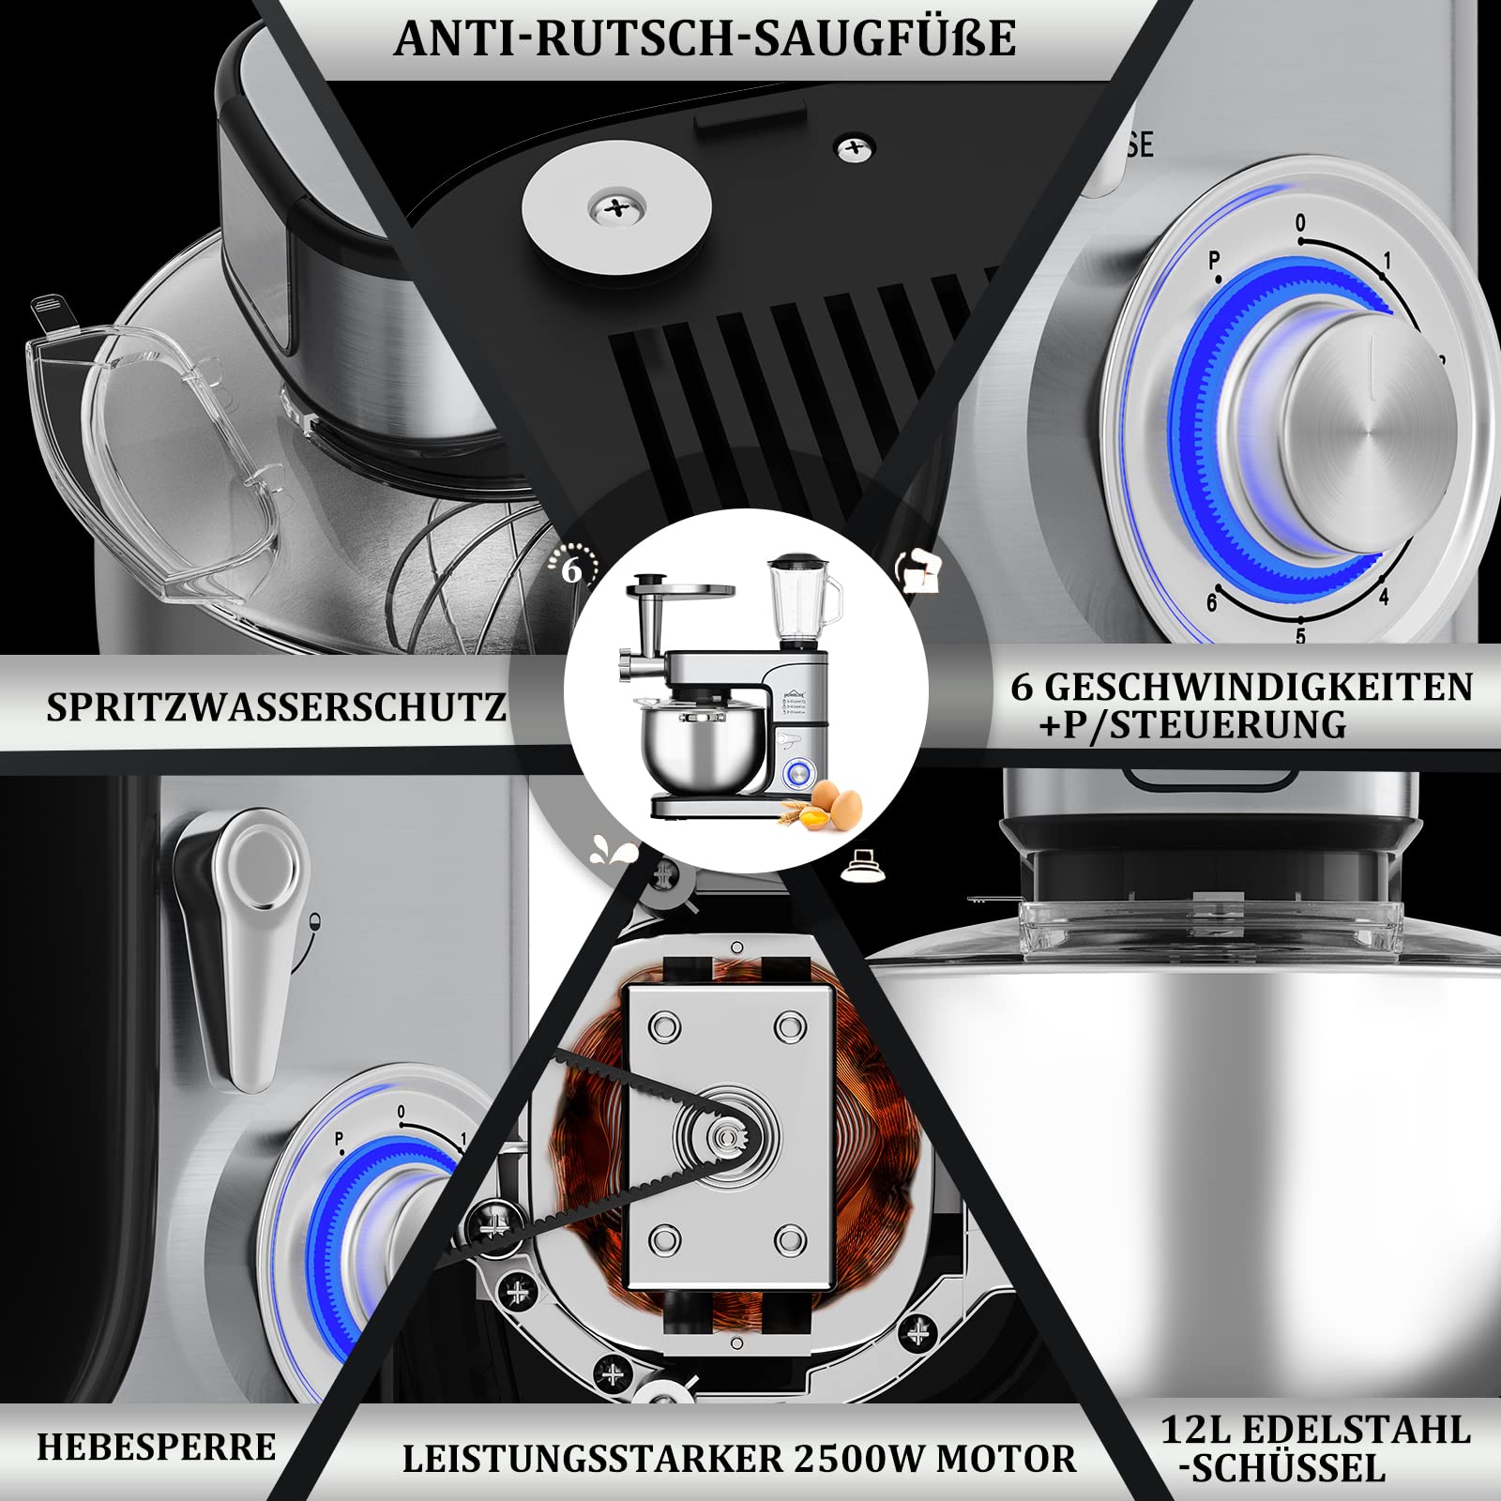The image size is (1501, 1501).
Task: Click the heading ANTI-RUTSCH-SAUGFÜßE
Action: point(705,38)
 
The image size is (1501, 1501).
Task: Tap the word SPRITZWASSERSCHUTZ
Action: point(276,707)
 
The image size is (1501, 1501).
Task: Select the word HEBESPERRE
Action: point(157,1447)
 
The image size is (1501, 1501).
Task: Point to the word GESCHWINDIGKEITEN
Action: point(1258,687)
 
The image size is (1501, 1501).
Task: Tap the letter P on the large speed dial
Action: point(1215,260)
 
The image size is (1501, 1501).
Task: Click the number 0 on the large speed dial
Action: point(1300,223)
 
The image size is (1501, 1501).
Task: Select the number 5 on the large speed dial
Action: point(1300,637)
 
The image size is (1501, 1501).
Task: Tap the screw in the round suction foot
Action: point(615,208)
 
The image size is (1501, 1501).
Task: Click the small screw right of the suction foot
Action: point(854,147)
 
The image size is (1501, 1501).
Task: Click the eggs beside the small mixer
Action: point(834,802)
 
